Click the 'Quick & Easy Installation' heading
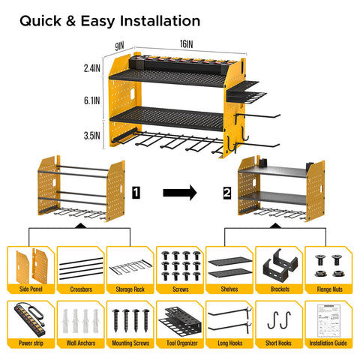pos(109,20)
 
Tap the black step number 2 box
pos(226,193)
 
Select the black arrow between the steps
pos(181,193)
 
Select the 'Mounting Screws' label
pos(129,343)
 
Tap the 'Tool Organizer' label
pos(179,343)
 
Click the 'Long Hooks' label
pos(229,343)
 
